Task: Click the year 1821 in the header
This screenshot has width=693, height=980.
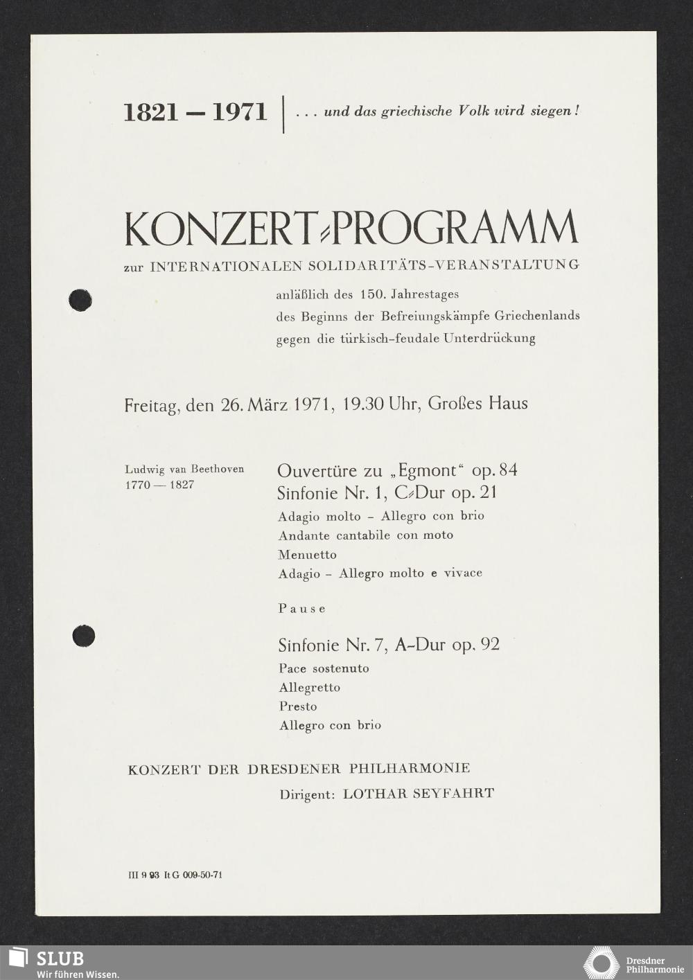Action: tap(151, 112)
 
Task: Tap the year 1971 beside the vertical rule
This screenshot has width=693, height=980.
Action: tap(239, 112)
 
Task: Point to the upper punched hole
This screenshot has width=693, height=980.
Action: tap(80, 300)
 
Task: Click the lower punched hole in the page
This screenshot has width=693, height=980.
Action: tap(84, 636)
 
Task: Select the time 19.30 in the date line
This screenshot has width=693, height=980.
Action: tap(363, 403)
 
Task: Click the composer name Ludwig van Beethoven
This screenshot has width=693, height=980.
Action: tap(184, 469)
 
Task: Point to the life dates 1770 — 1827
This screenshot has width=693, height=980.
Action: tap(159, 484)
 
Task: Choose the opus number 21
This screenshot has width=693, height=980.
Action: tap(486, 493)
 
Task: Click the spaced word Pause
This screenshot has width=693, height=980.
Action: tap(301, 609)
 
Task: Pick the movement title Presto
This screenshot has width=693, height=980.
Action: tap(298, 706)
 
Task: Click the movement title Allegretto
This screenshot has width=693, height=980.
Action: tap(310, 688)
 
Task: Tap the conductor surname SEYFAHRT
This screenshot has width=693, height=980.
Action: tap(453, 794)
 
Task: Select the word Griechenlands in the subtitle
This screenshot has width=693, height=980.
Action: tap(537, 316)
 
